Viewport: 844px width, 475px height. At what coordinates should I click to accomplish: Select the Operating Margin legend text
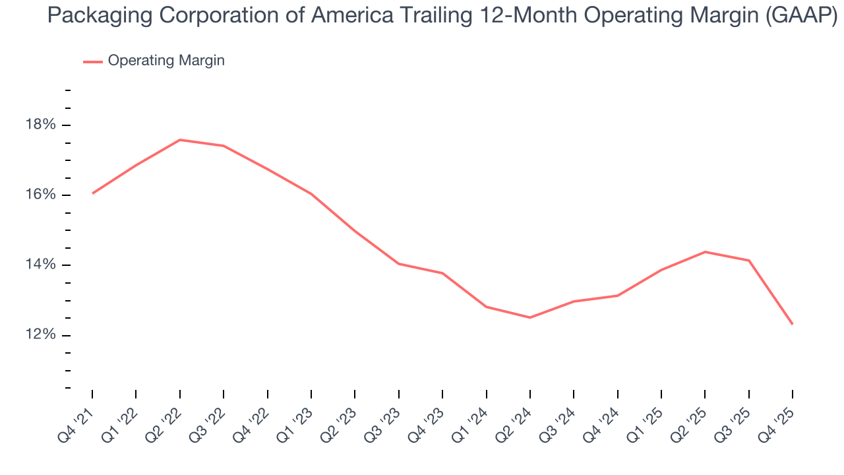click(x=166, y=61)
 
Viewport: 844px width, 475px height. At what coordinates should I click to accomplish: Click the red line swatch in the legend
click(x=92, y=61)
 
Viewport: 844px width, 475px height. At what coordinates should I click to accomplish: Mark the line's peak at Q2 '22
click(x=180, y=140)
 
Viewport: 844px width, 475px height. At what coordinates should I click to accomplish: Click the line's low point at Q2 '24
click(x=529, y=317)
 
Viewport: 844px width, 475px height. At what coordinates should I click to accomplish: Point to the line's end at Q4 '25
click(x=792, y=324)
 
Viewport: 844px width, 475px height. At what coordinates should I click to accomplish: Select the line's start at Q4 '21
click(x=92, y=193)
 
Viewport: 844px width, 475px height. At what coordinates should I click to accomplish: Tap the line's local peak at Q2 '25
click(x=705, y=252)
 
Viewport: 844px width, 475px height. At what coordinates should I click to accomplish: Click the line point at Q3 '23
click(x=398, y=264)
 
